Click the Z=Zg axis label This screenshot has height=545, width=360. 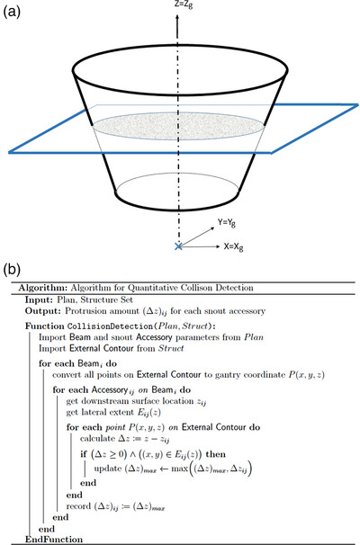pos(180,4)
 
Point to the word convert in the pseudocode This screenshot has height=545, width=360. pos(93,388)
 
